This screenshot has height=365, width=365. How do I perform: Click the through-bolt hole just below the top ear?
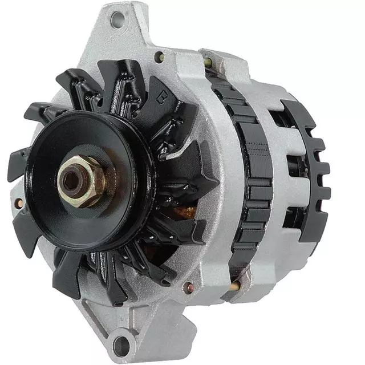tap(160, 56)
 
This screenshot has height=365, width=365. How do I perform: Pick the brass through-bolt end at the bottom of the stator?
tap(234, 285)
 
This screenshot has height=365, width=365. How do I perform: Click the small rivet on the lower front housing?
tap(186, 287)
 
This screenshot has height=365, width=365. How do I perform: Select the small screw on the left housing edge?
tap(20, 202)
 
